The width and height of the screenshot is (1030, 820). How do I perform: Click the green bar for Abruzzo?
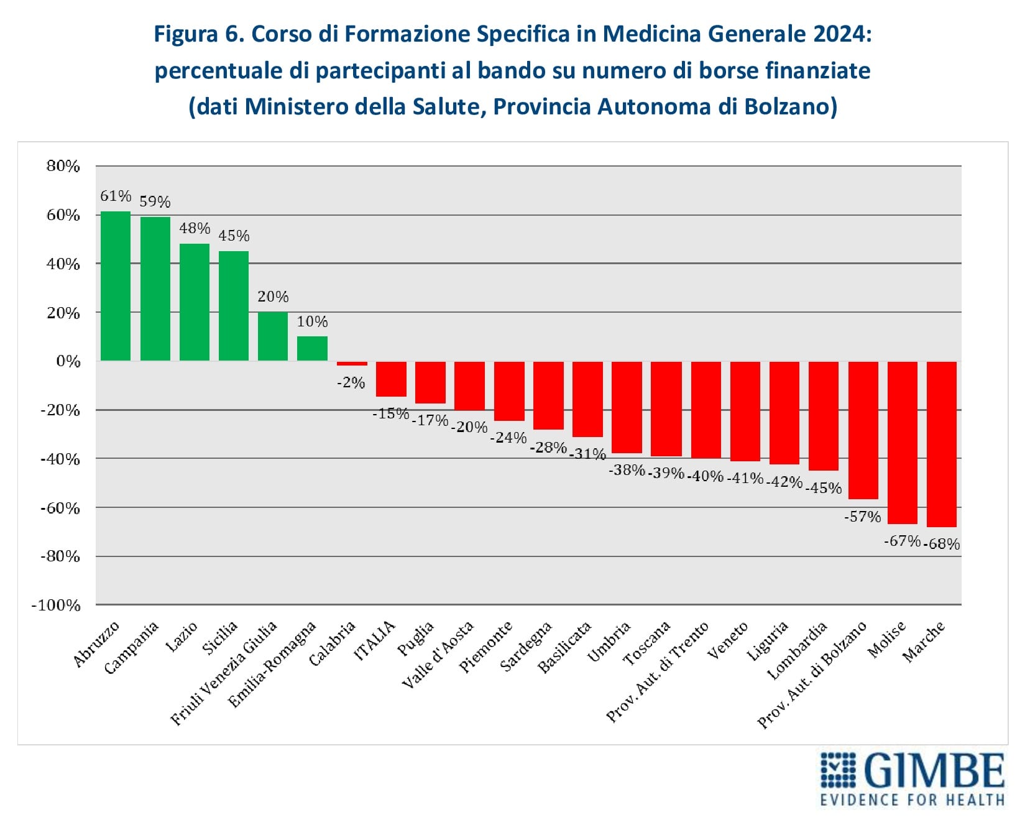pyautogui.click(x=116, y=286)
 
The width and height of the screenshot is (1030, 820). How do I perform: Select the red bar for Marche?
pyautogui.click(x=941, y=444)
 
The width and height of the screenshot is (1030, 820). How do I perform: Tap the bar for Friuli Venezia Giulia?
pyautogui.click(x=273, y=336)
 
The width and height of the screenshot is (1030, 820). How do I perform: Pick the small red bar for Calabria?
pyautogui.click(x=352, y=364)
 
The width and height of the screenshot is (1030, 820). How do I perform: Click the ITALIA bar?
pyautogui.click(x=391, y=379)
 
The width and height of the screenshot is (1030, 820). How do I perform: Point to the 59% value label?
pyautogui.click(x=155, y=201)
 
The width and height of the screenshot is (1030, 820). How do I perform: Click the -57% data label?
pyautogui.click(x=862, y=516)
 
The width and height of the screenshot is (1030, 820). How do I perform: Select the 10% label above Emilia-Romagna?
pyautogui.click(x=312, y=321)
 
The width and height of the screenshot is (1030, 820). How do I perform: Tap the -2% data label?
pyautogui.click(x=351, y=382)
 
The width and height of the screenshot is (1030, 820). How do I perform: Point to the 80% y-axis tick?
pyautogui.click(x=63, y=166)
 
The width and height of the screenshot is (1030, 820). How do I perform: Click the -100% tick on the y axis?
pyautogui.click(x=57, y=605)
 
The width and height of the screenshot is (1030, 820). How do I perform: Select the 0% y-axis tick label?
pyautogui.click(x=68, y=361)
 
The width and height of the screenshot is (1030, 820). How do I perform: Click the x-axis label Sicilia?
pyautogui.click(x=220, y=638)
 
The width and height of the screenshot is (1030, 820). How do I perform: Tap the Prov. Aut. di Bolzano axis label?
pyautogui.click(x=812, y=675)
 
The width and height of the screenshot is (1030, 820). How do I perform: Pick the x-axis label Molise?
pyautogui.click(x=887, y=640)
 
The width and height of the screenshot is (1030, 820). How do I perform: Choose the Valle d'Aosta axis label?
pyautogui.click(x=438, y=655)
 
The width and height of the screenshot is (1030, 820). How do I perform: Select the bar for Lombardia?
pyautogui.click(x=824, y=416)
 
